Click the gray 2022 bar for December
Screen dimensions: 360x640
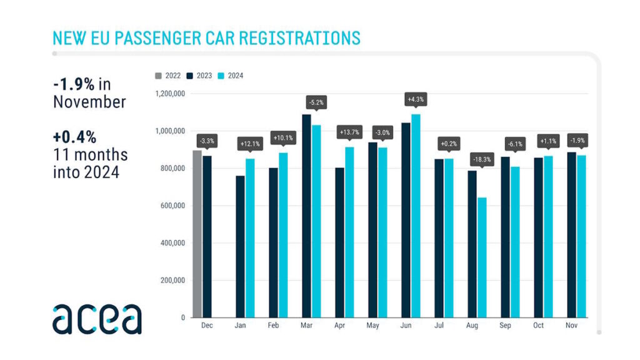[x=197, y=234]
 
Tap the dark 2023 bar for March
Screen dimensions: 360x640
[x=306, y=216]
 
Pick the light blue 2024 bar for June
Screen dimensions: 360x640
[x=415, y=216]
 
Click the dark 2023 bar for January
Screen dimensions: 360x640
[x=240, y=247]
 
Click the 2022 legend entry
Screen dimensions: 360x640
[x=168, y=76]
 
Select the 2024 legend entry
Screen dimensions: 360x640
[x=231, y=76]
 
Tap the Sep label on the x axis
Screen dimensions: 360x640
[x=505, y=326]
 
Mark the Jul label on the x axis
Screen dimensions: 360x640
[x=439, y=326]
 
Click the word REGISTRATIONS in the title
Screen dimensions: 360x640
[x=291, y=37]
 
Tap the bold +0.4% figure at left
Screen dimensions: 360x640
[x=74, y=137]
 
